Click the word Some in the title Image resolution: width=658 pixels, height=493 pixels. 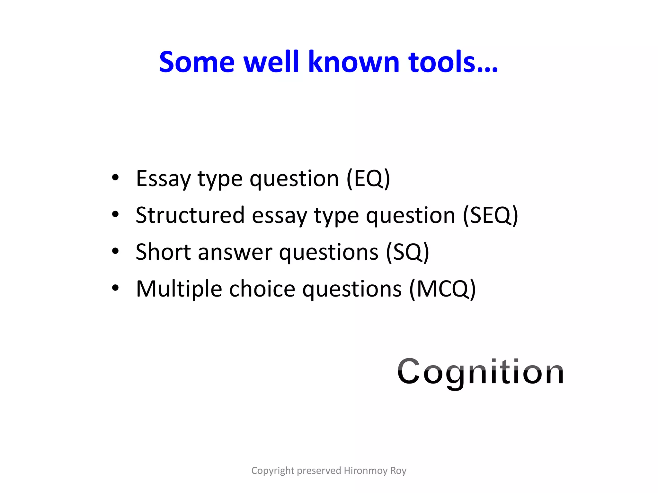[x=197, y=62]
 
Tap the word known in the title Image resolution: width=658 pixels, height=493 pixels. [x=354, y=62]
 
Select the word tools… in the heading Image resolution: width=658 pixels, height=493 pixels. [x=453, y=62]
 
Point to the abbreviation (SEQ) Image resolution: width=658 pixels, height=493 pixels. [x=490, y=215]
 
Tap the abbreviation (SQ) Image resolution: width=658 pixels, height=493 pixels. [x=407, y=252]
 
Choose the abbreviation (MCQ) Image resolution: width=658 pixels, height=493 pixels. [x=442, y=289]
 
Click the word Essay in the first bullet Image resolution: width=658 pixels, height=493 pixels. [x=163, y=179]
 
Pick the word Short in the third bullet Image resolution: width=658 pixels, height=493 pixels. [x=163, y=252]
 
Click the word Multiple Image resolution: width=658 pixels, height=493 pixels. [x=179, y=290]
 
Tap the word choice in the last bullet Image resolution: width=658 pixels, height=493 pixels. [x=262, y=289]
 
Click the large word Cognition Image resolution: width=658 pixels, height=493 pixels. [x=481, y=372]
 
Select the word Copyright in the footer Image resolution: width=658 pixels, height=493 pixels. [x=273, y=471]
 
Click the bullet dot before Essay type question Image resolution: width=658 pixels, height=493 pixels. [x=115, y=177]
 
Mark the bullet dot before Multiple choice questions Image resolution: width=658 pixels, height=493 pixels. [x=115, y=288]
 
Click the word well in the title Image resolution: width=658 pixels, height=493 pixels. [x=271, y=62]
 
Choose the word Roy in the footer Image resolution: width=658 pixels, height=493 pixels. [x=398, y=471]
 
